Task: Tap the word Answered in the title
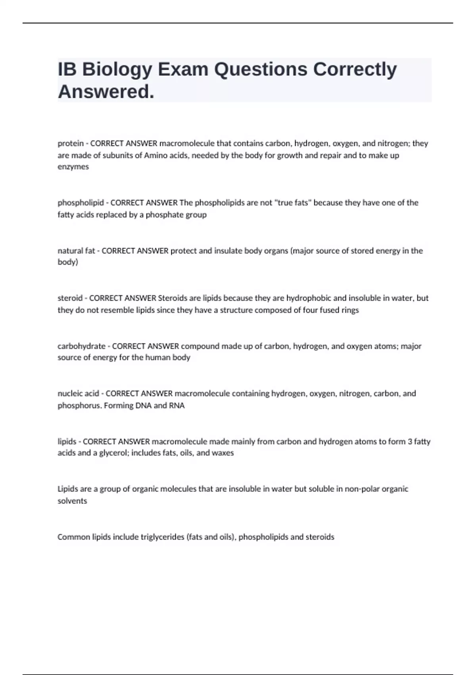click(106, 92)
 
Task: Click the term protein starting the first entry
click(71, 143)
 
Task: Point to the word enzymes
click(73, 167)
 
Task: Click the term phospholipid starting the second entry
click(81, 203)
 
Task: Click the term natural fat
click(76, 251)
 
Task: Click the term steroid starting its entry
click(70, 298)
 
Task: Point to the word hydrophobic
click(309, 298)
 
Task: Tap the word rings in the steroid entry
click(350, 310)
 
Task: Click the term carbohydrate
click(81, 346)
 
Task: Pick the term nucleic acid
click(78, 393)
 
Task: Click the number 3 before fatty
click(410, 442)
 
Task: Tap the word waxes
click(223, 453)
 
